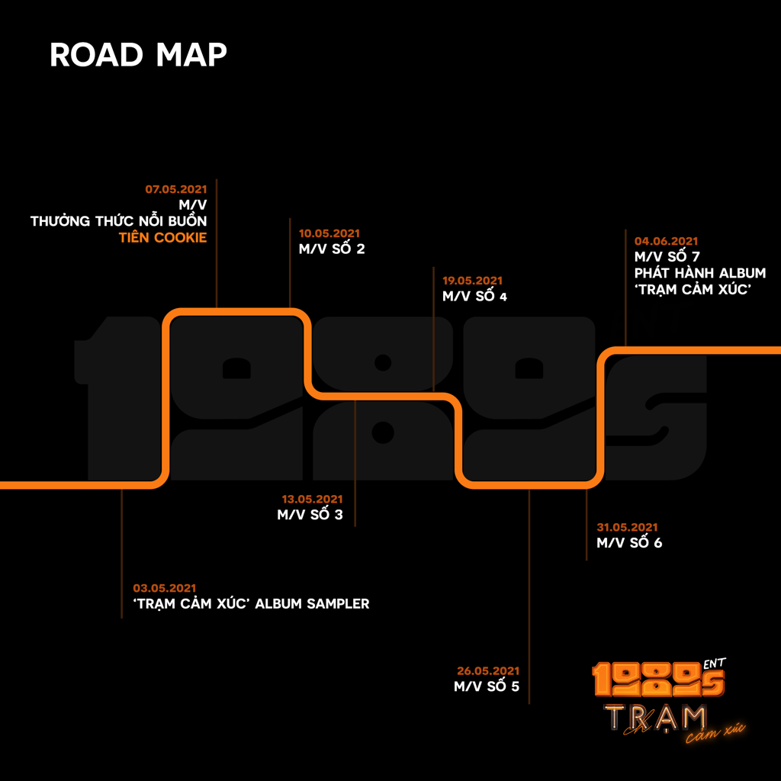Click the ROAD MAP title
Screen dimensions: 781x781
tap(138, 56)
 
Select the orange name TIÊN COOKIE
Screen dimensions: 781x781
tap(162, 238)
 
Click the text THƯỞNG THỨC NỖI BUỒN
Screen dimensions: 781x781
tap(119, 221)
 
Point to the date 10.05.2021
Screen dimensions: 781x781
tap(329, 233)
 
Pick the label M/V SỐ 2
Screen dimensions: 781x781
tap(332, 249)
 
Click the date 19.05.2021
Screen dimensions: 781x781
tap(472, 281)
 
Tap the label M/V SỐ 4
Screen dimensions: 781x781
tap(474, 297)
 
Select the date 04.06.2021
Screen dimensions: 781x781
tap(666, 241)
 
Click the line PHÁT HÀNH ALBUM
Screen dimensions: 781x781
tap(700, 273)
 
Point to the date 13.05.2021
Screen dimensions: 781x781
tap(313, 499)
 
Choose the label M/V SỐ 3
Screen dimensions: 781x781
tap(310, 515)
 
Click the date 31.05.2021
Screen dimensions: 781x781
tap(627, 527)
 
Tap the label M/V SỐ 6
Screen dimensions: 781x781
tap(629, 543)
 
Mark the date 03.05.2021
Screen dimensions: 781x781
tap(165, 588)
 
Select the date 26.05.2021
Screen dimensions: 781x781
tap(488, 670)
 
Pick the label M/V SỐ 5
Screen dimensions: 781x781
tap(487, 686)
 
